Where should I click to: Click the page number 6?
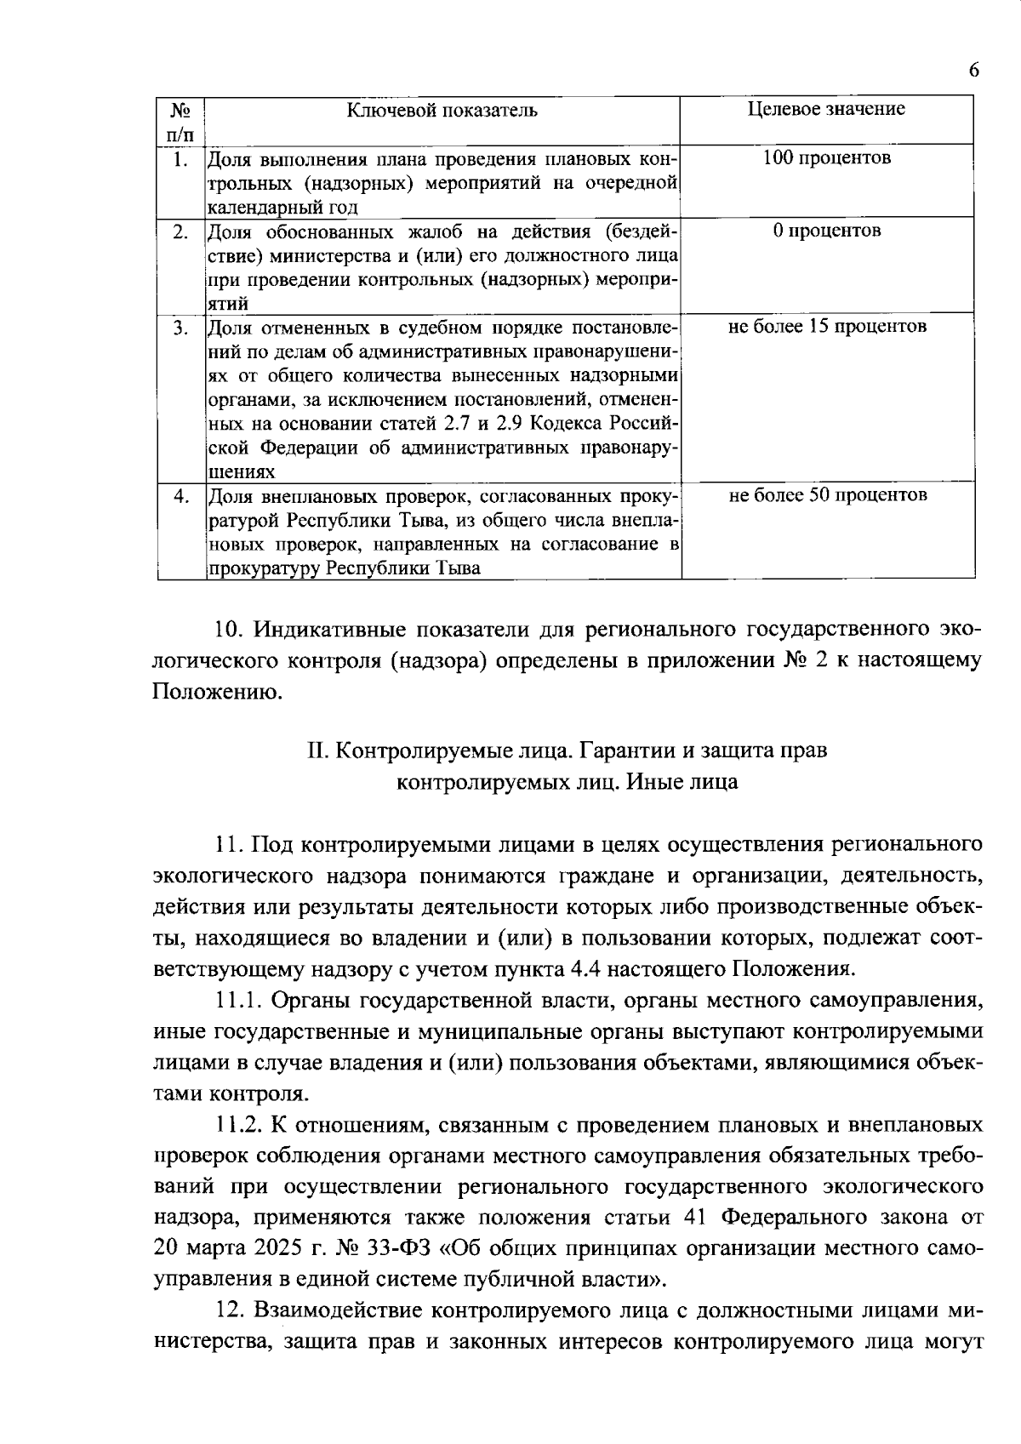point(973,71)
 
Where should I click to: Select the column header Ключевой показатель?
point(442,110)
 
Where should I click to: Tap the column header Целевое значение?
point(826,109)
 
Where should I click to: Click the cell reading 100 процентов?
point(827,158)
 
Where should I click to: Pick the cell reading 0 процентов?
point(827,231)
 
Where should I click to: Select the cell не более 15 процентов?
point(827,327)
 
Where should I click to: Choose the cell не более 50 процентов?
point(827,495)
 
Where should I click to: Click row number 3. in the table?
point(180,328)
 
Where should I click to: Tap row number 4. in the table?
point(180,496)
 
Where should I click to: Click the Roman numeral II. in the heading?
point(318,752)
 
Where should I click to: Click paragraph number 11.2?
point(239,1126)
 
